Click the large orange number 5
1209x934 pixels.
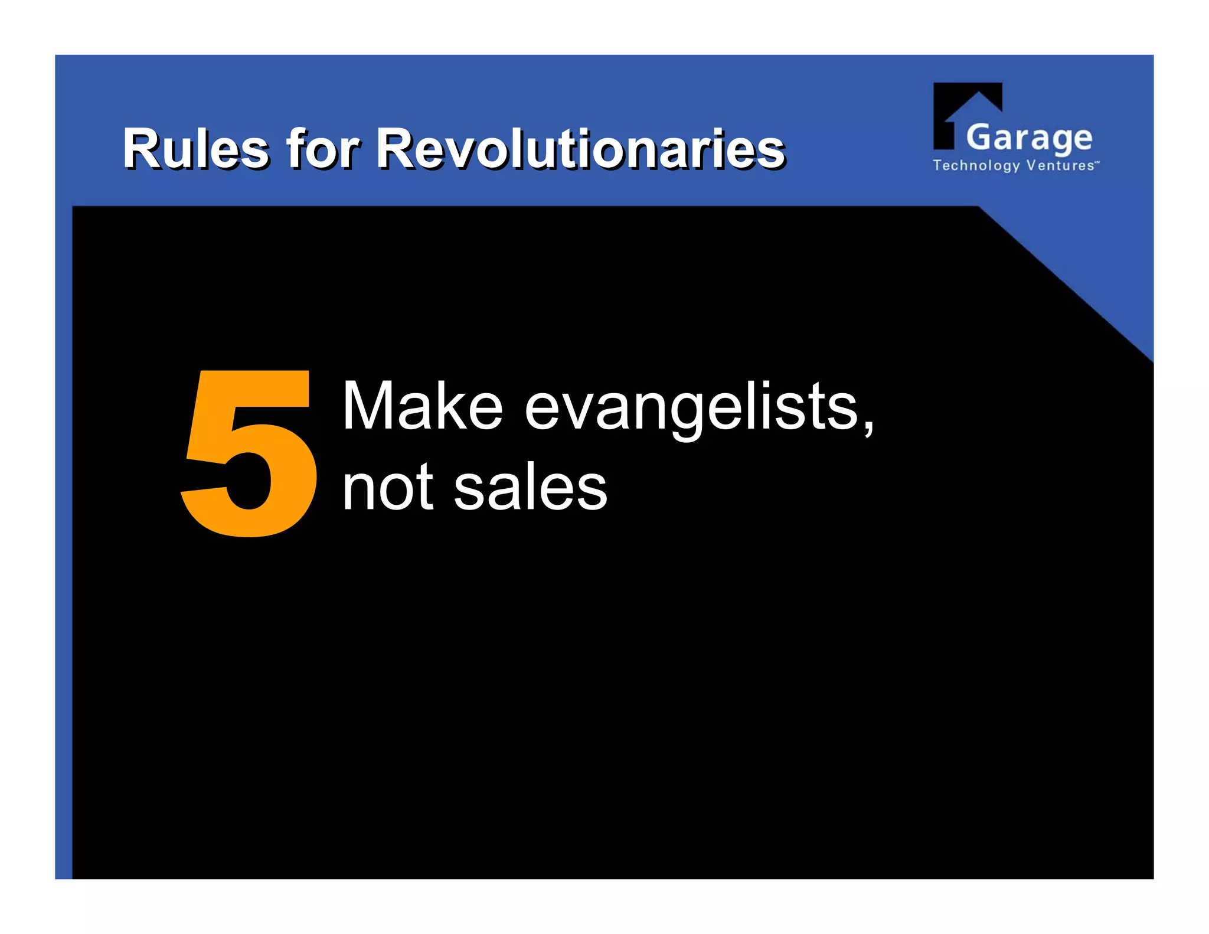[x=249, y=453]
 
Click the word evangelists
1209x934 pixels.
[x=691, y=407]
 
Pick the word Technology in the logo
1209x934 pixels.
[x=976, y=165]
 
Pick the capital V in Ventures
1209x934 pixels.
[x=1031, y=165]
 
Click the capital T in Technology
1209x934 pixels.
[x=937, y=165]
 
